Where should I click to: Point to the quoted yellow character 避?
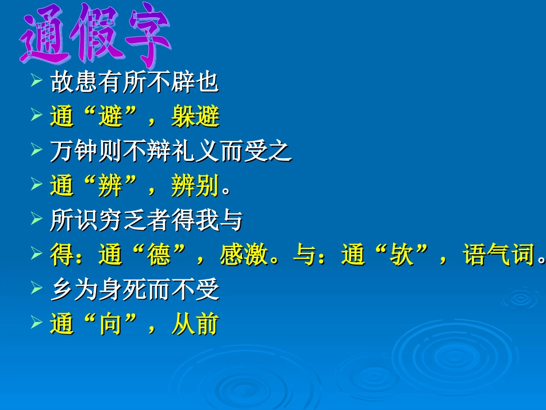[110, 117]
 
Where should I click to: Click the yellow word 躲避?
[195, 117]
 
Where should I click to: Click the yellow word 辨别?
[195, 186]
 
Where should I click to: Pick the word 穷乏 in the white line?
[122, 220]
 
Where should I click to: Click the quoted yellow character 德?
[159, 255]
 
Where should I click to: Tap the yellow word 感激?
[244, 255]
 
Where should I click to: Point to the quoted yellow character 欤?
[401, 255]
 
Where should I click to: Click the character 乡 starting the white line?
[62, 290]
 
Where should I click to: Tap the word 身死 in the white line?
[122, 290]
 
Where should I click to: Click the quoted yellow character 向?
[110, 324]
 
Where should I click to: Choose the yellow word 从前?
[195, 324]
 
